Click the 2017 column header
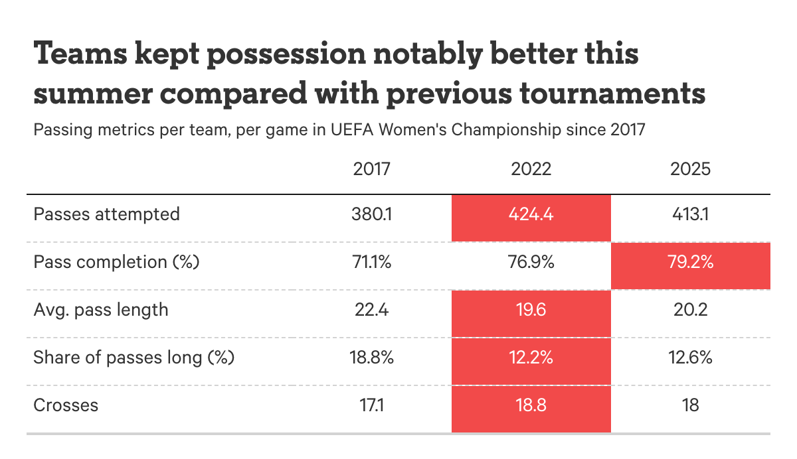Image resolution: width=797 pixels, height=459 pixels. click(x=372, y=169)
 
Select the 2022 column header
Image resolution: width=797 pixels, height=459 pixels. click(x=531, y=169)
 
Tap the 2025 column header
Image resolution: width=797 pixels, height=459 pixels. click(x=691, y=169)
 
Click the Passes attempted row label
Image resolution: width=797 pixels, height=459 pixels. click(x=107, y=214)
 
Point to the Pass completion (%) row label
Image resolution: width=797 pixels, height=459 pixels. click(x=117, y=262)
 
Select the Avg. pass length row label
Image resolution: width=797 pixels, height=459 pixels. click(x=101, y=310)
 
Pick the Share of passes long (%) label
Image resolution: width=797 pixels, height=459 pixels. click(x=134, y=358)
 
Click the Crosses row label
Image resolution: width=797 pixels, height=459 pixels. click(x=66, y=405)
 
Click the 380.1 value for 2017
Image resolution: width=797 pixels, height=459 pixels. click(x=372, y=214)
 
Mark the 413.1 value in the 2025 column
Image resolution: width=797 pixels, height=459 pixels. click(x=691, y=214)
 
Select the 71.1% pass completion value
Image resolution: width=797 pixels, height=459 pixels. click(x=372, y=262)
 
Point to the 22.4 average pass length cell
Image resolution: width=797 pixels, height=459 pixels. click(x=372, y=310)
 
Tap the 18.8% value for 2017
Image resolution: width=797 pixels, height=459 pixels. click(x=372, y=358)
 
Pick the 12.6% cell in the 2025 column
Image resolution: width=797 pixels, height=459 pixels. click(x=691, y=358)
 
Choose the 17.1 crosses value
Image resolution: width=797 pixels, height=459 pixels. click(x=372, y=405)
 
